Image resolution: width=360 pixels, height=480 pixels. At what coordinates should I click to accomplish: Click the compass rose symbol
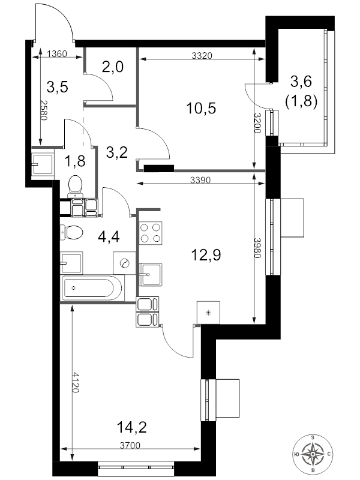point(313,454)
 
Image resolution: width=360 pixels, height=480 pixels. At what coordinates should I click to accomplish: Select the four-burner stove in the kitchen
point(151,233)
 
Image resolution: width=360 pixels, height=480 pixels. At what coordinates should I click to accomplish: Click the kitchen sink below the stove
point(151,274)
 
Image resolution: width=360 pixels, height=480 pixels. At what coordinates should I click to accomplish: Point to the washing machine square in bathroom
point(125,263)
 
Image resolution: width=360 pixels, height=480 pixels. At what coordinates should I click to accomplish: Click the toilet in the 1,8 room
point(76,186)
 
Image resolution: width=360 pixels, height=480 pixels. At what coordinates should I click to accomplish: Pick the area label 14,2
point(132,427)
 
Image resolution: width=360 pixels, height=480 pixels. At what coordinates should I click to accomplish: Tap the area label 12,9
point(206,254)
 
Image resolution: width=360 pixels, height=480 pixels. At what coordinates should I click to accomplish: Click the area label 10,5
point(201,108)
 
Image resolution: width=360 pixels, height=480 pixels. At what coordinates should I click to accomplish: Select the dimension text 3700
point(130,445)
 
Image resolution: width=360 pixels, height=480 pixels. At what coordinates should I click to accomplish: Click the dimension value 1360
point(57,54)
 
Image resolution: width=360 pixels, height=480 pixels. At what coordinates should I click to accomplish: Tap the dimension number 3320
point(202,55)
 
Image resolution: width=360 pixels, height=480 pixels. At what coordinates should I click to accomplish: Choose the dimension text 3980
point(257,248)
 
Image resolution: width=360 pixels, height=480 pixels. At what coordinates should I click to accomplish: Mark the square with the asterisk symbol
point(208,313)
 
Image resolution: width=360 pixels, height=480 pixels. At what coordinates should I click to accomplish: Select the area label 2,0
point(113,67)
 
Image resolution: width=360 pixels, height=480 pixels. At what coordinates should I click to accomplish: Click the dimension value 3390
point(200,180)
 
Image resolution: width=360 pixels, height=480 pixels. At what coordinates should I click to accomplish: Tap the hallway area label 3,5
point(57,87)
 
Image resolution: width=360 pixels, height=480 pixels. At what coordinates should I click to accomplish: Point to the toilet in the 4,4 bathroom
point(71,232)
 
